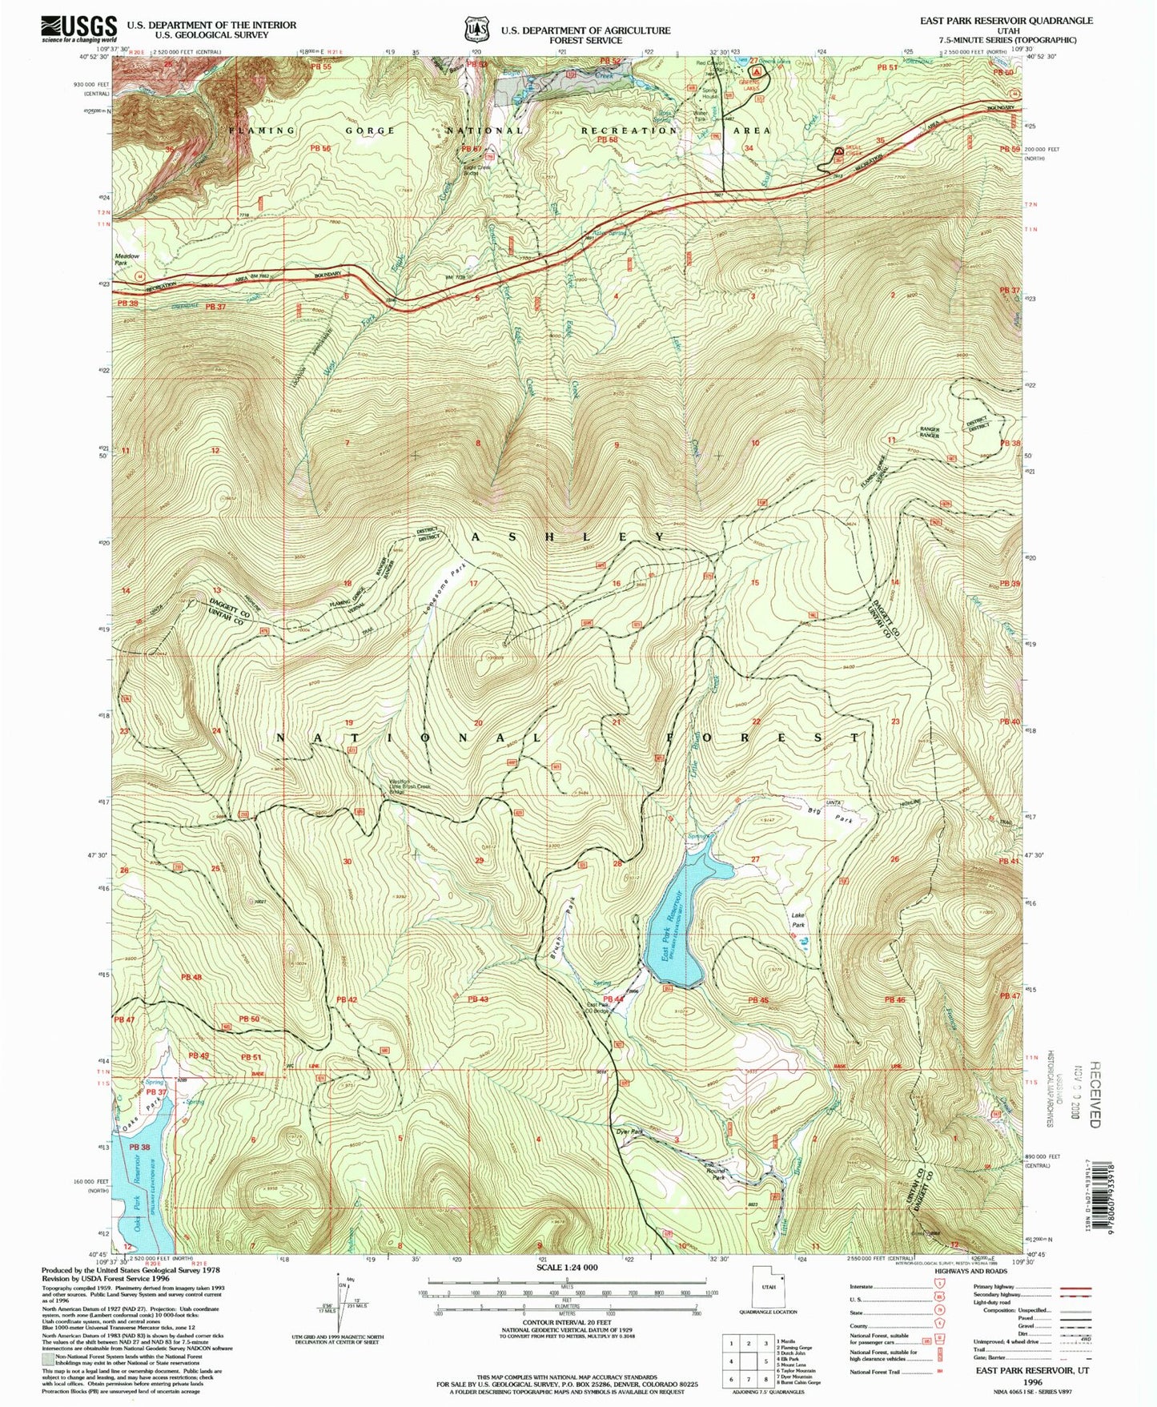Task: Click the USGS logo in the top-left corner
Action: point(78,29)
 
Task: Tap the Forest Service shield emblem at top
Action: point(476,30)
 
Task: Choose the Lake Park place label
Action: point(798,919)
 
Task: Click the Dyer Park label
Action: point(630,1132)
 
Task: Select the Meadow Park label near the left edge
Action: point(127,259)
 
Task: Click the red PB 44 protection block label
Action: point(613,999)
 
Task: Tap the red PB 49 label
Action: point(199,1055)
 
